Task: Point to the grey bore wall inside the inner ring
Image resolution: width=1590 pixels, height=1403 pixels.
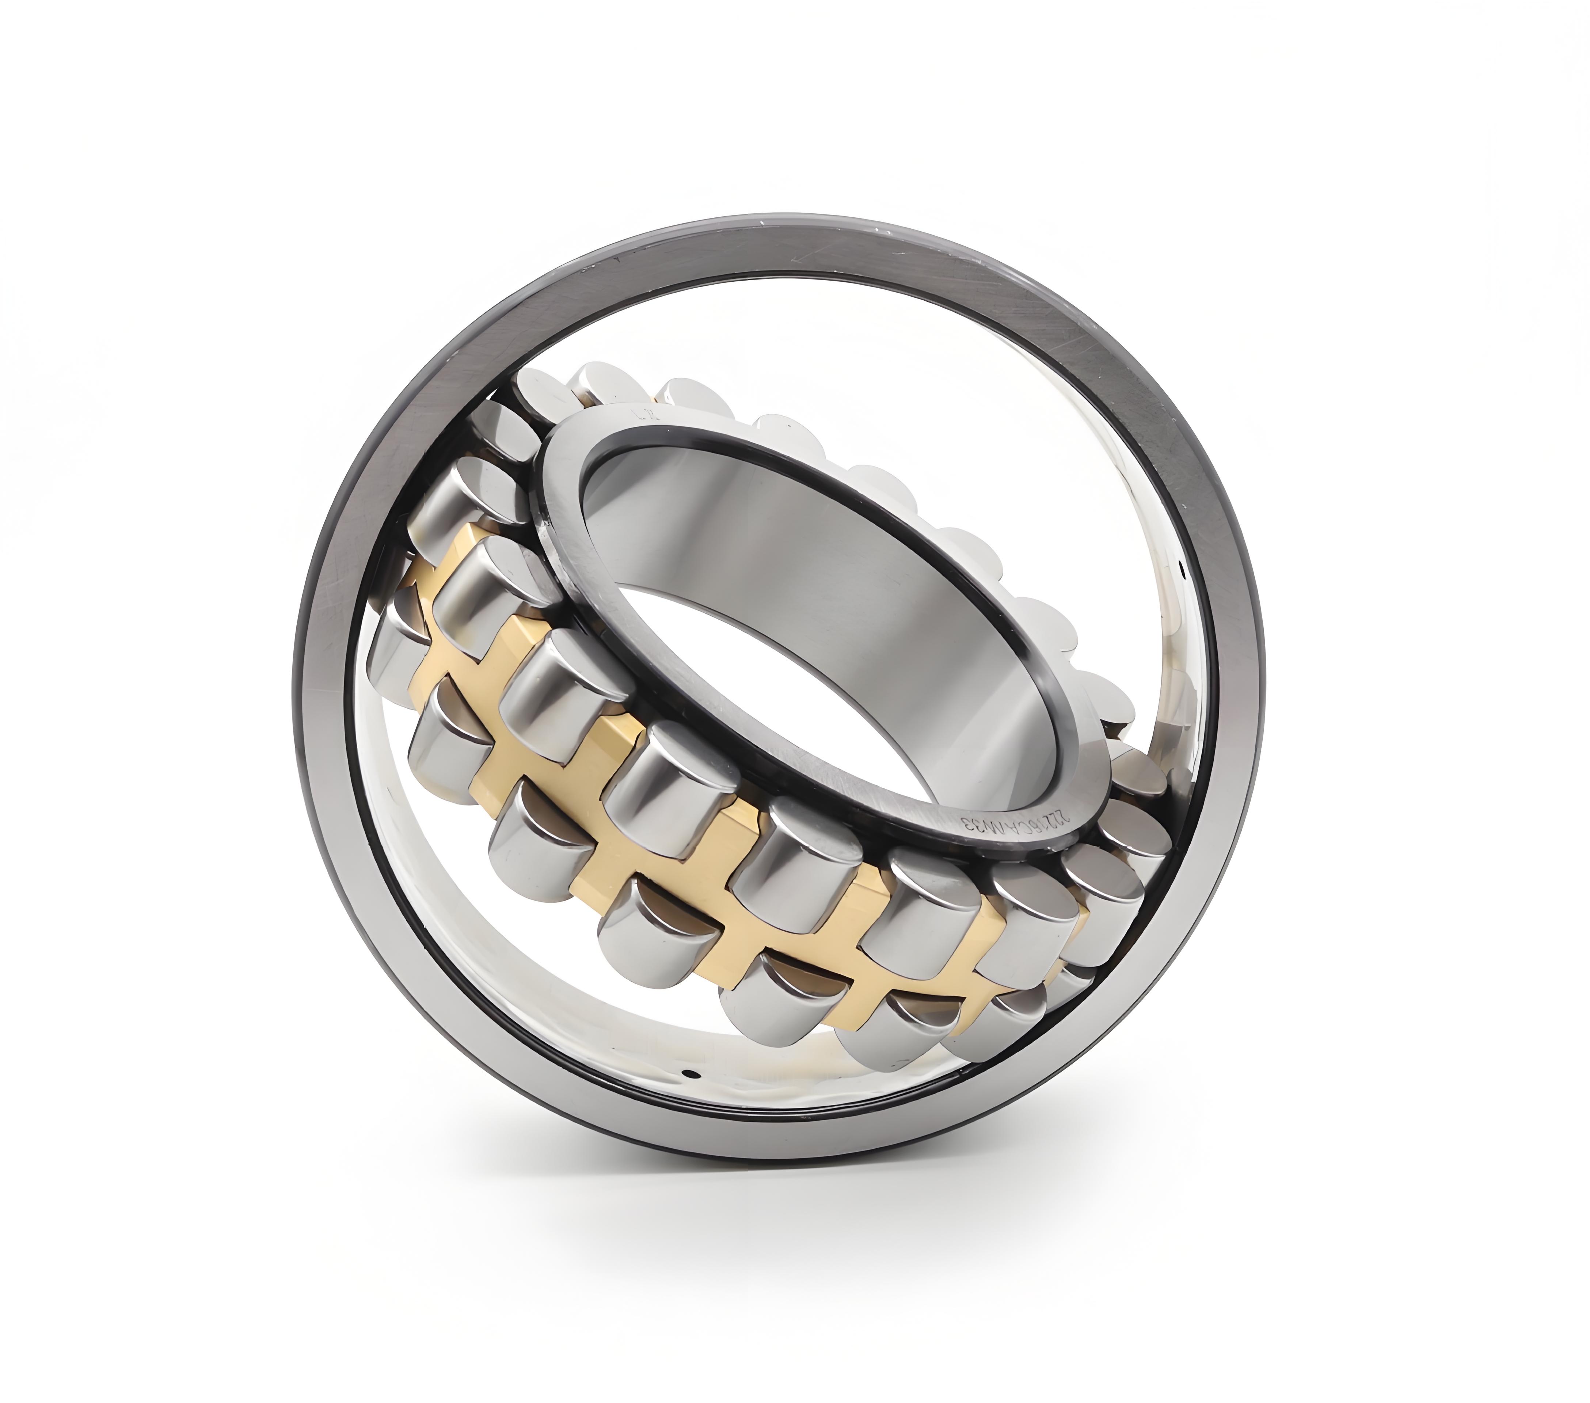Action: (778, 529)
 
